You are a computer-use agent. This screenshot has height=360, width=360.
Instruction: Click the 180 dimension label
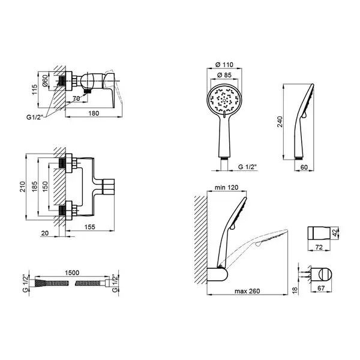pyautogui.click(x=94, y=113)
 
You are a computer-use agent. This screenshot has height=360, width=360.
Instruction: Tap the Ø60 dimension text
pyautogui.click(x=45, y=80)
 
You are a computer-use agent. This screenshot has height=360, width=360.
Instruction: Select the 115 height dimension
pyautogui.click(x=34, y=89)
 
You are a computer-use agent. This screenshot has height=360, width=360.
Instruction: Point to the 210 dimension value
pyautogui.click(x=22, y=187)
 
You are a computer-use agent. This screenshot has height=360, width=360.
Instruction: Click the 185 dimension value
pyautogui.click(x=34, y=187)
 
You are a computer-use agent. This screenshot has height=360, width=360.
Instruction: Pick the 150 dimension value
pyautogui.click(x=45, y=187)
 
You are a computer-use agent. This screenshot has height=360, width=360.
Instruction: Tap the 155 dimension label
pyautogui.click(x=89, y=227)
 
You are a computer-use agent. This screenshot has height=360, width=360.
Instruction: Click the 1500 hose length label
pyautogui.click(x=72, y=272)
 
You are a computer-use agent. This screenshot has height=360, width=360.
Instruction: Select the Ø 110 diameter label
pyautogui.click(x=224, y=65)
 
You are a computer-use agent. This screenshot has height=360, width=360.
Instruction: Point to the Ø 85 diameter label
pyautogui.click(x=224, y=75)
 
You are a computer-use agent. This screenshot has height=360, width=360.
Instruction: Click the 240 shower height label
pyautogui.click(x=280, y=122)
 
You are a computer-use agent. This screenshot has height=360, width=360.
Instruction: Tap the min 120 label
pyautogui.click(x=226, y=187)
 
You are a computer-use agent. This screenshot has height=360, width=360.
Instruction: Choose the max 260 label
pyautogui.click(x=247, y=291)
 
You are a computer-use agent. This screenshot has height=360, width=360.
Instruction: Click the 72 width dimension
pyautogui.click(x=319, y=247)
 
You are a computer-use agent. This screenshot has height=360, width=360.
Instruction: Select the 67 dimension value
pyautogui.click(x=321, y=287)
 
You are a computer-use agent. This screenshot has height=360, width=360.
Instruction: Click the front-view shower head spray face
pyautogui.click(x=224, y=100)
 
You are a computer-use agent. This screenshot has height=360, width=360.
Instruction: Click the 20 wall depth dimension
pyautogui.click(x=45, y=233)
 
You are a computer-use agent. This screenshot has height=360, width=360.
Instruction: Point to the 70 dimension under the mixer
pyautogui.click(x=76, y=98)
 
